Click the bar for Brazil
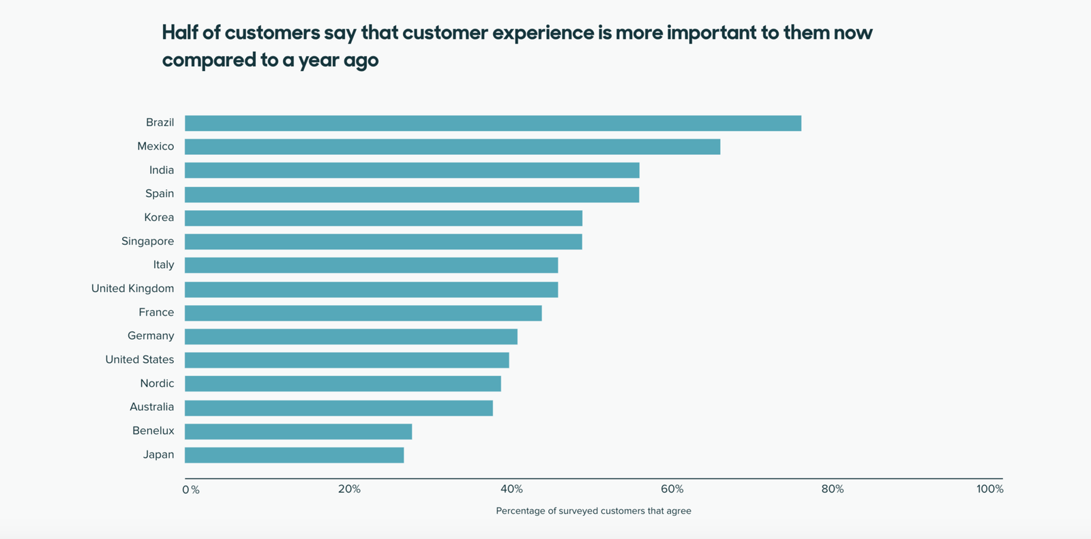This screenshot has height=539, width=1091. [492, 123]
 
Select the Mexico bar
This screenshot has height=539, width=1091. [452, 147]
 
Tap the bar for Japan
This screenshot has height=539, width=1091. [294, 455]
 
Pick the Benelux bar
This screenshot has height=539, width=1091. [298, 431]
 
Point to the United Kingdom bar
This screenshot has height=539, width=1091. [371, 289]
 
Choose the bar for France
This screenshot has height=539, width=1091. [363, 313]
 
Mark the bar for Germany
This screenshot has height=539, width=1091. [350, 336]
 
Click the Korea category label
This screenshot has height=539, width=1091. [159, 218]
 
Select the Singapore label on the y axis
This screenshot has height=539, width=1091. [147, 242]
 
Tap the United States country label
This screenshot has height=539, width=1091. [139, 360]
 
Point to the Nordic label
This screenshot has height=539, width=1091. [157, 383]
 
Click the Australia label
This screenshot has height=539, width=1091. [151, 407]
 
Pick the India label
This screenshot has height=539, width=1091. [162, 171]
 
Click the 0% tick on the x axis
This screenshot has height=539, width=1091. [191, 490]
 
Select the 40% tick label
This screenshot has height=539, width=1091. [511, 489]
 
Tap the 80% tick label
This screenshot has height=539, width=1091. [833, 489]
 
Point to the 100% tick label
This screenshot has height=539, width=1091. [989, 489]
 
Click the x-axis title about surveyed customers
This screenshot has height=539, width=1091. [593, 511]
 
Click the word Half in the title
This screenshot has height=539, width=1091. [180, 33]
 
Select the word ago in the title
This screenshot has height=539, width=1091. [361, 61]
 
